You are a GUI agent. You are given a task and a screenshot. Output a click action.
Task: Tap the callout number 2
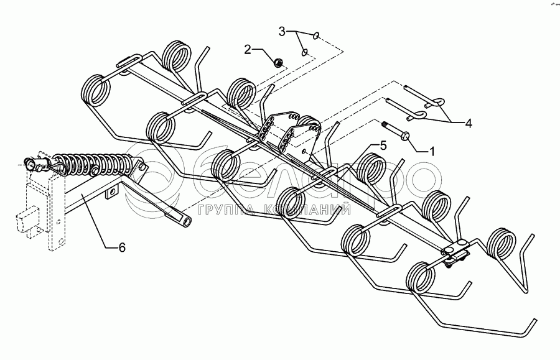point(248,50)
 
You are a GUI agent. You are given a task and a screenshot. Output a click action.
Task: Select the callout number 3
point(282,30)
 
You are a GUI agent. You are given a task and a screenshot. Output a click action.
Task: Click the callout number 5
point(382,145)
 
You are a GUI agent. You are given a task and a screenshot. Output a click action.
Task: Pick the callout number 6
point(122,247)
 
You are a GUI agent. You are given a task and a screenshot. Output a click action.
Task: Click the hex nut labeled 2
point(279,62)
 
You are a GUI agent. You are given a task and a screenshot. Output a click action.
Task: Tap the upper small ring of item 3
point(317,36)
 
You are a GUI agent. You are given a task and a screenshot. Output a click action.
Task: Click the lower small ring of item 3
point(305,53)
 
